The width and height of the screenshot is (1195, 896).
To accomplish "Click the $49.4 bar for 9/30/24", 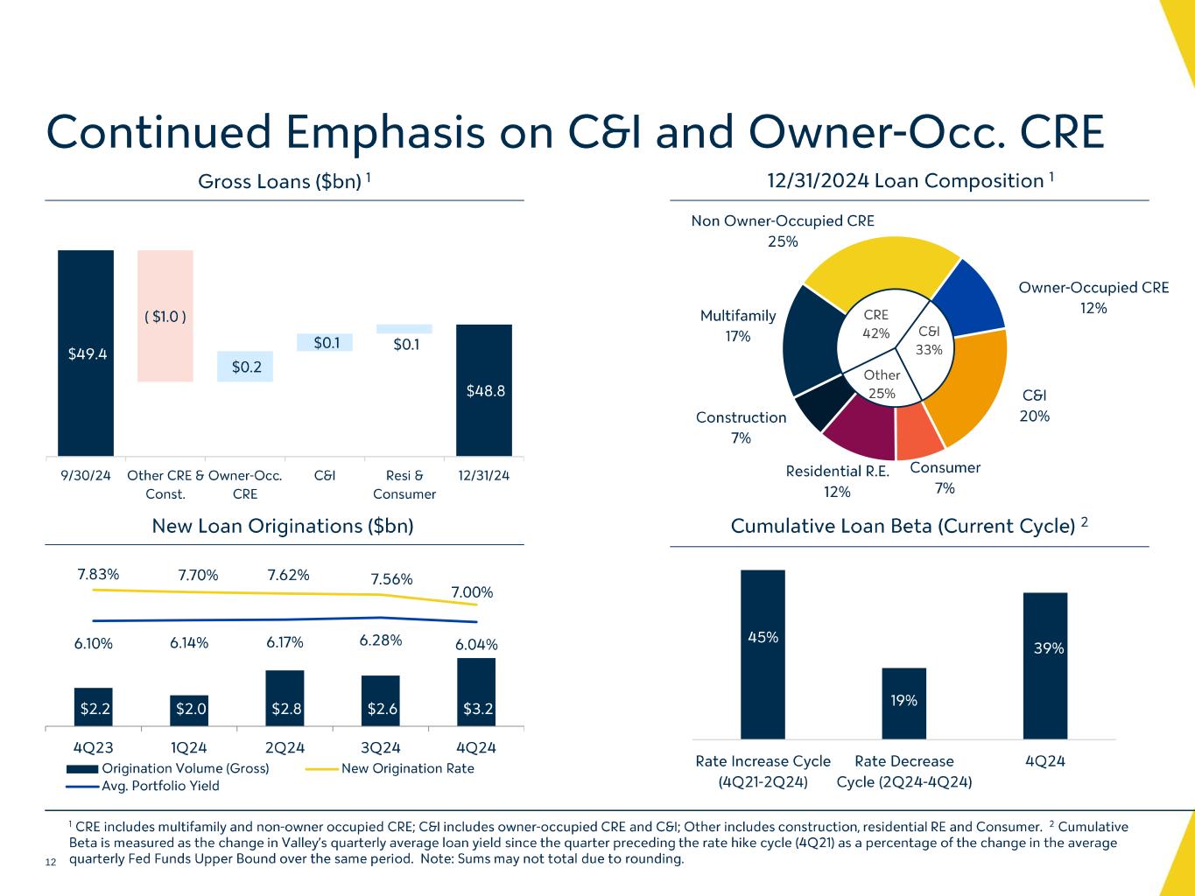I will click(x=86, y=353).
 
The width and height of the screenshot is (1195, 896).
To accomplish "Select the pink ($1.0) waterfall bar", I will click(x=165, y=316).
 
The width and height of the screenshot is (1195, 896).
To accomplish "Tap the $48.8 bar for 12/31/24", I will click(x=483, y=390).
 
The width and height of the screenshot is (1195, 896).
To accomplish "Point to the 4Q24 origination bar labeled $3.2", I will click(x=476, y=692).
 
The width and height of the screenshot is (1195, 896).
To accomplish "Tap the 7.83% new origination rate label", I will click(x=98, y=574).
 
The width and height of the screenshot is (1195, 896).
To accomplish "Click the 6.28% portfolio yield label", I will click(x=381, y=640).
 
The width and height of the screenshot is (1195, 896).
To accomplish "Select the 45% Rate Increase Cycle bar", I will click(x=763, y=654).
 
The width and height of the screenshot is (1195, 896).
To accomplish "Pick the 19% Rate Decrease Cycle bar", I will click(x=903, y=703).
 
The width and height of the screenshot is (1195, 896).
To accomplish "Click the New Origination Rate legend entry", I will click(x=390, y=768).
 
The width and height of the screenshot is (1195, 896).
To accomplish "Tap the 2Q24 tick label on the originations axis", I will click(x=285, y=747).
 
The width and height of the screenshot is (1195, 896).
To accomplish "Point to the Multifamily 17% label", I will click(x=738, y=325).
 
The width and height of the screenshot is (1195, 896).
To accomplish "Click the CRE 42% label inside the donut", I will click(x=875, y=324).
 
